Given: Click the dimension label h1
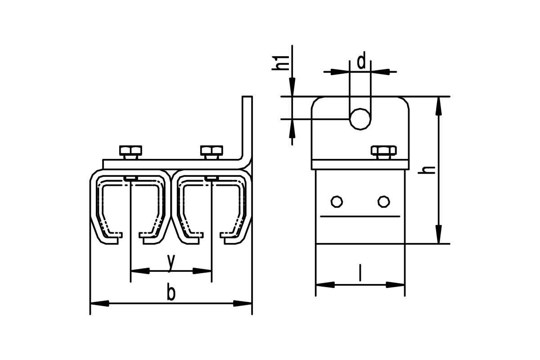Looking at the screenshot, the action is click(x=280, y=63).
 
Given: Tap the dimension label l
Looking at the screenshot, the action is click(x=360, y=273).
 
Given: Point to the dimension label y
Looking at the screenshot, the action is click(x=171, y=263).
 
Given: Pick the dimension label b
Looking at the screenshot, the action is click(x=171, y=293).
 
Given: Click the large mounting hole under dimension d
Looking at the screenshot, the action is click(x=360, y=119).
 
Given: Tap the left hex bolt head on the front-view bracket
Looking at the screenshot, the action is click(x=130, y=150).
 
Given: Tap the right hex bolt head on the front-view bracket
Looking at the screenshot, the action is click(x=211, y=150).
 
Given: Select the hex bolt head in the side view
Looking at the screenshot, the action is click(x=384, y=150).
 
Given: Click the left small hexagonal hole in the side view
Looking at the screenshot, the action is click(x=337, y=202).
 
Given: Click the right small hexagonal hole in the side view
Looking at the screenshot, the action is click(x=383, y=202).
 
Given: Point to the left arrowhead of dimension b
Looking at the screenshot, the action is click(x=99, y=303).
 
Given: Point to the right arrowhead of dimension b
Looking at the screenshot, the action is click(x=243, y=303).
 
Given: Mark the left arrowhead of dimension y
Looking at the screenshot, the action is click(x=140, y=271).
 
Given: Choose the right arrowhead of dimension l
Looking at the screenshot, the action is click(x=395, y=285).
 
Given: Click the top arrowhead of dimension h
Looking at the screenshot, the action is click(x=439, y=106).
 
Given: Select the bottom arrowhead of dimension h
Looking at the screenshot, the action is click(x=439, y=234).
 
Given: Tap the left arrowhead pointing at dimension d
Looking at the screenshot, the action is click(x=340, y=72).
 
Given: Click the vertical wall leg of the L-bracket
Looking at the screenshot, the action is click(x=247, y=128).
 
